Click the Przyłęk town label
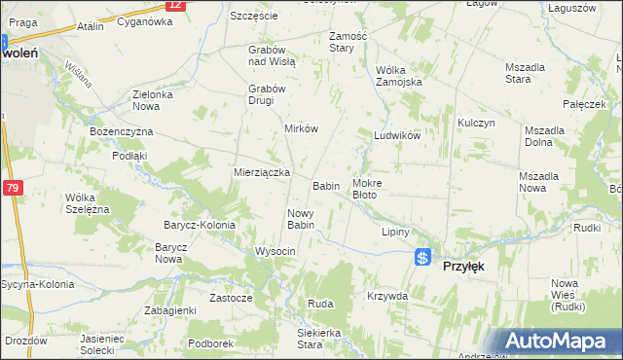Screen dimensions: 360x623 click(x=464, y=265)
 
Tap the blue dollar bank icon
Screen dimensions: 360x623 click(x=422, y=257)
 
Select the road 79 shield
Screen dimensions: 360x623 click(x=14, y=188)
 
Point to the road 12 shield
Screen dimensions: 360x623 click(x=174, y=5)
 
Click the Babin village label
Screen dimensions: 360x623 click(x=325, y=185)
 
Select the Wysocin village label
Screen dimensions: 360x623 click(x=275, y=251)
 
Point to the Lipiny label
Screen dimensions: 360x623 click(x=395, y=233)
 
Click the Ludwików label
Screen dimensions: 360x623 click(x=397, y=136)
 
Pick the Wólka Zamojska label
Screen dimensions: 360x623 click(x=399, y=76)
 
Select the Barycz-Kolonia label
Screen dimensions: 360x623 click(x=199, y=225)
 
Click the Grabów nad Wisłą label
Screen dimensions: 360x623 click(x=272, y=54)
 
